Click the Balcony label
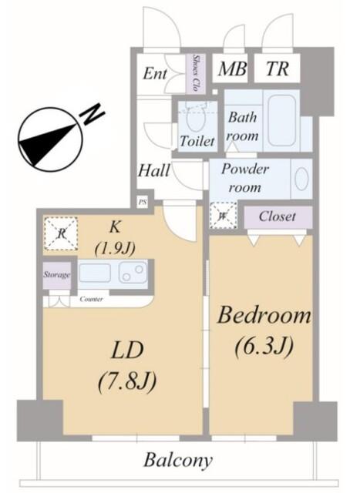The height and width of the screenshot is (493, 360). tap(178, 461)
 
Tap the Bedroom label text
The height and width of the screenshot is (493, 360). tap(264, 316)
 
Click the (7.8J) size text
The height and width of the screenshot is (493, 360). tap(127, 380)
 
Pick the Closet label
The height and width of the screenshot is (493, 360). tap(277, 216)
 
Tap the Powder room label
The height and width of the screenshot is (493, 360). tap(244, 178)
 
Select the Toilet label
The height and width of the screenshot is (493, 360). tap(197, 142)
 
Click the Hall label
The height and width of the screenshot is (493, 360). tap(154, 171)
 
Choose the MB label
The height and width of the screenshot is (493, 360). tap(231, 69)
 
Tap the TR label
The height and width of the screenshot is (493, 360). tap(277, 69)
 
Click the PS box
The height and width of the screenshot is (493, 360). tap(143, 202)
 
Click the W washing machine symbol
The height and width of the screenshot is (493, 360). tap(221, 215)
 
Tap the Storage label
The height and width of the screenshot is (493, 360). tap(56, 275)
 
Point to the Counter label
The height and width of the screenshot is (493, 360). tap(92, 299)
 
